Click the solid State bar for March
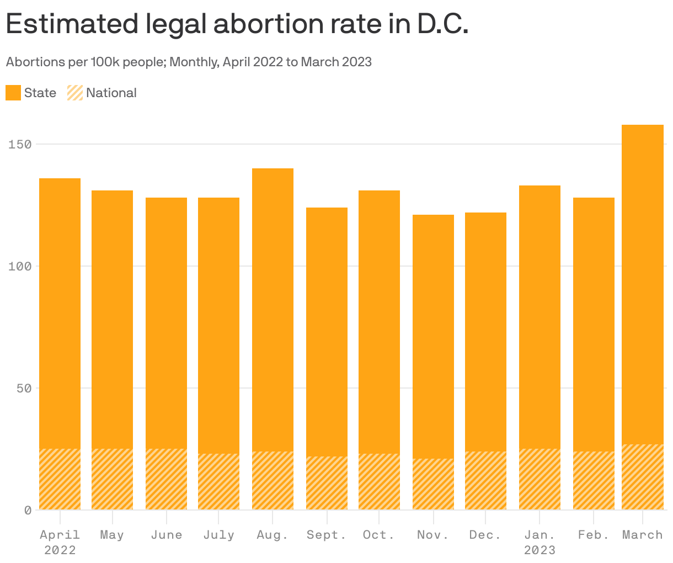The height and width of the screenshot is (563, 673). [x=643, y=284]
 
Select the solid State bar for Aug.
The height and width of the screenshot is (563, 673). [x=273, y=309]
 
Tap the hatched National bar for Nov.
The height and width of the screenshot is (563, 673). [x=433, y=484]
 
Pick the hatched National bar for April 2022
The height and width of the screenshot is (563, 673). [x=60, y=479]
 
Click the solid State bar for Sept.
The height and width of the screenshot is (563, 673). [x=327, y=331]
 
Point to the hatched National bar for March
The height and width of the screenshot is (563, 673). [x=643, y=477]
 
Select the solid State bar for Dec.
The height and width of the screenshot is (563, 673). [x=485, y=331]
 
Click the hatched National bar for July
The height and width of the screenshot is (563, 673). [x=218, y=481]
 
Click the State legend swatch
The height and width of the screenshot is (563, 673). [x=13, y=93]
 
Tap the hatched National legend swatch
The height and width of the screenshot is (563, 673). [x=75, y=93]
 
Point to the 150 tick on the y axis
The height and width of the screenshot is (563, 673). [x=20, y=144]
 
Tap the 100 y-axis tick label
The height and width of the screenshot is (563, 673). [x=20, y=267]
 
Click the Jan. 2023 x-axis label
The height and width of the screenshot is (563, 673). [x=540, y=542]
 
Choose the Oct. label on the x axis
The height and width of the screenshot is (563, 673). [x=379, y=535]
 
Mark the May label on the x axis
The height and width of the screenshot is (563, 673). [x=112, y=535]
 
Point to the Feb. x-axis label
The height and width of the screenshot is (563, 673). [x=594, y=535]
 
